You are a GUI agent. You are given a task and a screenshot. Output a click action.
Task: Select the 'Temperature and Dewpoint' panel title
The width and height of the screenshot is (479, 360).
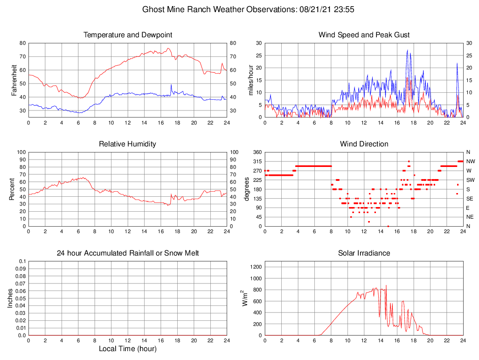[128, 35]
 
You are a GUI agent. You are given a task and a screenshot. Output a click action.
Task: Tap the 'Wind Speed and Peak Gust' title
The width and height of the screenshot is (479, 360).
[364, 35]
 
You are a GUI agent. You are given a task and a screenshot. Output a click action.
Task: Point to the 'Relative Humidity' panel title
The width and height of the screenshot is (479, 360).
[128, 144]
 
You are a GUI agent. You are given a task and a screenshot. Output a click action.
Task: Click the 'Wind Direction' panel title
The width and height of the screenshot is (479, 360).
[364, 144]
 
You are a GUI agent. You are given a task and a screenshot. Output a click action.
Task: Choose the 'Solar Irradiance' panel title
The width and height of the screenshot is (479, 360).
[364, 253]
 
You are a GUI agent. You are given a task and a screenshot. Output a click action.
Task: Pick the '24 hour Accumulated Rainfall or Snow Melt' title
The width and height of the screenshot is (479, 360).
[128, 253]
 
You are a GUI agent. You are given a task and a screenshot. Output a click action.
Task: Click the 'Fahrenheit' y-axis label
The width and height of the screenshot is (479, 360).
[14, 80]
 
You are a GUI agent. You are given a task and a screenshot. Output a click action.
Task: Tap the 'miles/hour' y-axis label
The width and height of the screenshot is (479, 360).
[250, 80]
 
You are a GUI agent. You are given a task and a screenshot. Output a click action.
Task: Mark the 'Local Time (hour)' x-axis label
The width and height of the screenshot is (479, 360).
[128, 349]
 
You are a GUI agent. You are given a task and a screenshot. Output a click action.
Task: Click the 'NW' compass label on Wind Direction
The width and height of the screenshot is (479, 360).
[470, 161]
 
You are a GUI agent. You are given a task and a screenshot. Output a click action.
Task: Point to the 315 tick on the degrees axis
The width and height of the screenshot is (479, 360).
[257, 161]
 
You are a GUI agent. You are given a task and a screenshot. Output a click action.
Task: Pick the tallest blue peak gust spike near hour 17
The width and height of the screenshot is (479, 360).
[407, 50]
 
